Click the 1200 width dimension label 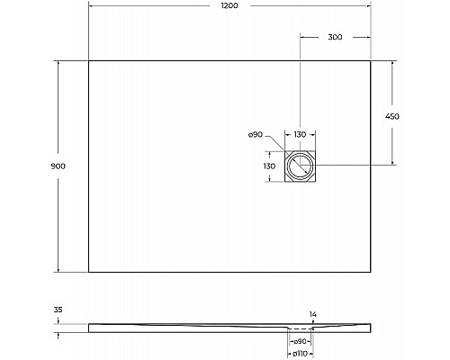[x=229, y=6]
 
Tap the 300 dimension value [x=336, y=38]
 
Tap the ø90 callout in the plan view [x=255, y=134]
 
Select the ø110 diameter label [x=302, y=354]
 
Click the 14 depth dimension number [x=312, y=315]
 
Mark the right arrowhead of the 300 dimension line [x=367, y=38]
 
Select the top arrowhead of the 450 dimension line [x=393, y=64]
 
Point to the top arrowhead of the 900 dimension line [x=59, y=63]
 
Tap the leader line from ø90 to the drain [x=274, y=146]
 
